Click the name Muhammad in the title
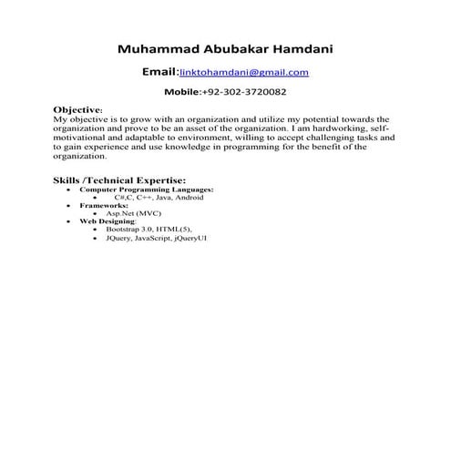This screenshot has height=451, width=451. coord(159,47)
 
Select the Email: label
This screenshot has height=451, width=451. coord(160,71)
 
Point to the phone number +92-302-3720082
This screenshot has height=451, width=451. coord(243,93)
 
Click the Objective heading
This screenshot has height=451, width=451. coord(77,108)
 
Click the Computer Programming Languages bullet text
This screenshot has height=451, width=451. coord(146,189)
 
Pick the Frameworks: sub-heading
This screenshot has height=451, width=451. coord(103,205)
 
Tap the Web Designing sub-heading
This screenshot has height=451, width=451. coord(107,221)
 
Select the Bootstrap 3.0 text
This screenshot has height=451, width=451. coord(128,230)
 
